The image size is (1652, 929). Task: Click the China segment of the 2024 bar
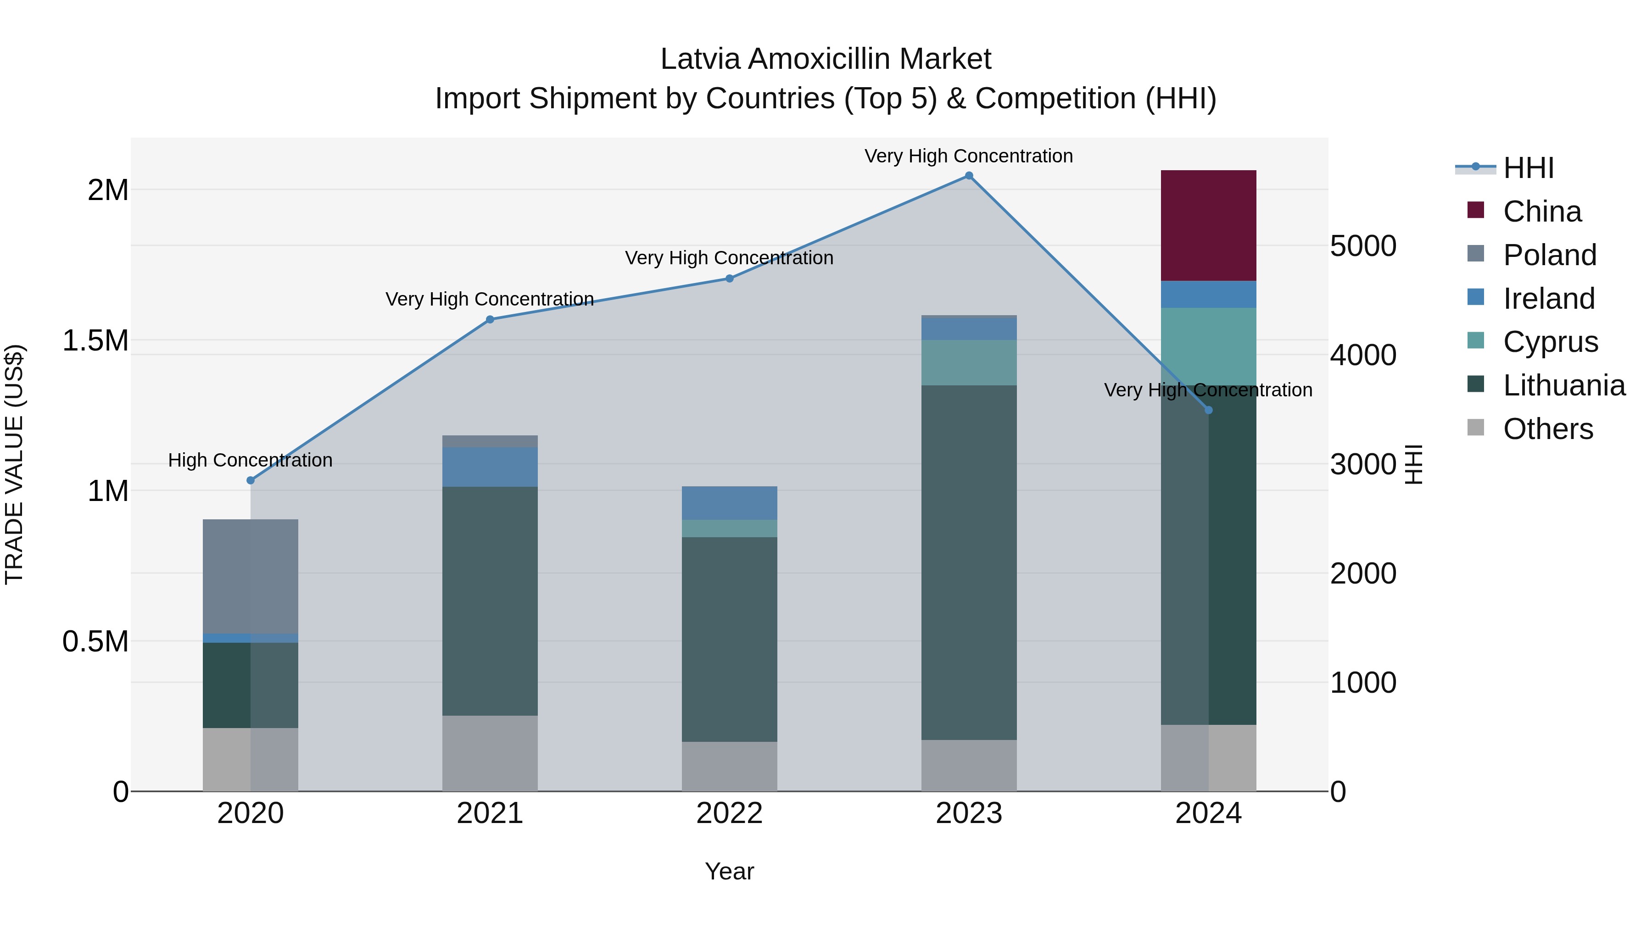click(x=1208, y=225)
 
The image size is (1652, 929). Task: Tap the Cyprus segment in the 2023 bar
click(x=968, y=362)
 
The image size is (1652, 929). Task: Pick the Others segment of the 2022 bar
click(x=729, y=766)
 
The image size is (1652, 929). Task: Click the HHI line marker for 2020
click(x=251, y=480)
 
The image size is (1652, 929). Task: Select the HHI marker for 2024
click(x=1209, y=410)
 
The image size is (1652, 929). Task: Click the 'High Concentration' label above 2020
click(x=250, y=460)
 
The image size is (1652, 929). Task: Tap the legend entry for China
click(x=1542, y=211)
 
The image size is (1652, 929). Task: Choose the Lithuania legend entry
click(x=1563, y=385)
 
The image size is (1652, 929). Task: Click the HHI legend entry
click(x=1528, y=168)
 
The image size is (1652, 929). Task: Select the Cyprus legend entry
click(x=1550, y=342)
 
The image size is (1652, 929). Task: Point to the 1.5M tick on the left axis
click(x=95, y=340)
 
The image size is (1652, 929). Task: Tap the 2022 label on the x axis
click(x=729, y=813)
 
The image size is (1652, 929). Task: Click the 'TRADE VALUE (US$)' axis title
click(x=14, y=464)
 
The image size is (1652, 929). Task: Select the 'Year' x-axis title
click(x=729, y=871)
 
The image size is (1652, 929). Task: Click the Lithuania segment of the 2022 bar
click(x=729, y=639)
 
